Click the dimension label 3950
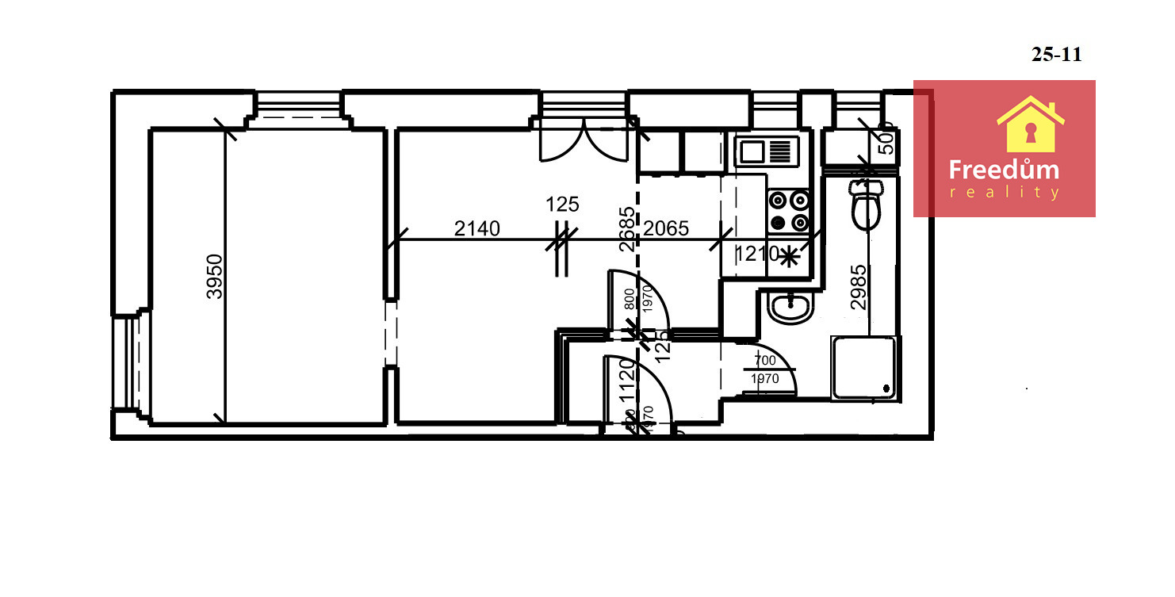(214, 276)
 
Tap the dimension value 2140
(477, 229)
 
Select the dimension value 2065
(666, 229)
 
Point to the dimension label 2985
(859, 286)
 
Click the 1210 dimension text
(756, 254)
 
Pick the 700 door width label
(765, 361)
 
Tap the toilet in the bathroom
(865, 205)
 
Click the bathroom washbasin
(790, 306)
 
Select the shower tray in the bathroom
(865, 367)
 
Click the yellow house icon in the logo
(1030, 124)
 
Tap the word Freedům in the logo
(1004, 170)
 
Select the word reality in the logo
(1004, 193)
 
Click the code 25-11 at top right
(1056, 55)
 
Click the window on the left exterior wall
(124, 362)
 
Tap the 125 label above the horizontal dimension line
(562, 205)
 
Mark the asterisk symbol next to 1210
(789, 255)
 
